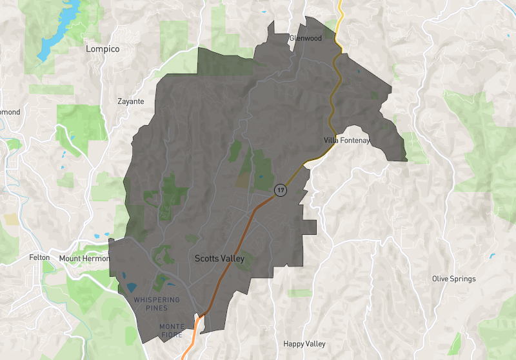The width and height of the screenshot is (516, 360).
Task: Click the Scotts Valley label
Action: click(x=219, y=259)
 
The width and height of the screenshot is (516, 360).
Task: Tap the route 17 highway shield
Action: click(x=280, y=190)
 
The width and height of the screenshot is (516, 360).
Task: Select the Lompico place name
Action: click(x=103, y=48)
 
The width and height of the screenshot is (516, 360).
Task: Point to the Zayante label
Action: click(x=131, y=101)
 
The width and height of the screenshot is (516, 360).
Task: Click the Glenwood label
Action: click(x=305, y=38)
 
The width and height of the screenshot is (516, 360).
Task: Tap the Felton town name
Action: click(x=39, y=257)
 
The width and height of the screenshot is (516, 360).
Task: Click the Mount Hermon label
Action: click(x=81, y=259)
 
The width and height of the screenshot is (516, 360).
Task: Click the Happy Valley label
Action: click(x=304, y=344)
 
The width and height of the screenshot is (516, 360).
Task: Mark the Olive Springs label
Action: click(x=453, y=279)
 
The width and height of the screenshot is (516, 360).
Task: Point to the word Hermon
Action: click(x=92, y=259)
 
